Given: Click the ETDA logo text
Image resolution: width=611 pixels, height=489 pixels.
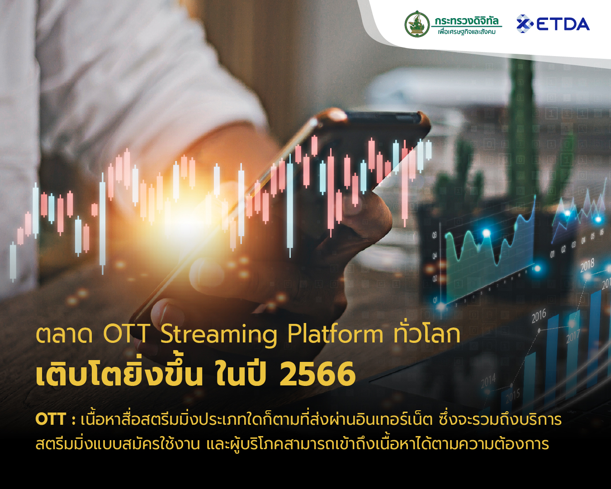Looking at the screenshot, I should point(563,24).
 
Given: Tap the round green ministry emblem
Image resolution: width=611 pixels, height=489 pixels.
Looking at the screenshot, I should point(417,24).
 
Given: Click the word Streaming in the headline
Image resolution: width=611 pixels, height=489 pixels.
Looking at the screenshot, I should point(219,335).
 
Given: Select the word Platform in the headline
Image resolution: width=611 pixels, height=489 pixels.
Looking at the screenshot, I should point(336,334).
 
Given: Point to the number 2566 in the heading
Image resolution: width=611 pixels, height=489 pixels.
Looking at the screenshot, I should point(317,375).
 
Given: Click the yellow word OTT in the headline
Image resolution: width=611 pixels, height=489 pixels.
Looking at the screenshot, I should point(127,334).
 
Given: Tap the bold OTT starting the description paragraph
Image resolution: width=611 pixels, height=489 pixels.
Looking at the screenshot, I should point(51,419).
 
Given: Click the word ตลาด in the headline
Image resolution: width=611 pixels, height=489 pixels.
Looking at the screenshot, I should point(64,334).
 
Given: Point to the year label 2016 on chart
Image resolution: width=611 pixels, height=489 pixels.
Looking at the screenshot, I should point(539,316).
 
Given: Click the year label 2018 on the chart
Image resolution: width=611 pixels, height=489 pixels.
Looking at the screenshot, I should point(587,265).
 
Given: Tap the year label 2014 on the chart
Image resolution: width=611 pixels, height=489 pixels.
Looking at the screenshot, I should point(488,381).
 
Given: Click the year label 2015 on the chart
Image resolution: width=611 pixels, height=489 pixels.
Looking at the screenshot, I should point(512,397).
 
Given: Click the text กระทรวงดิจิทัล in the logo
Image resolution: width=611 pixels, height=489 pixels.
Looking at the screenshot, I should point(466,21).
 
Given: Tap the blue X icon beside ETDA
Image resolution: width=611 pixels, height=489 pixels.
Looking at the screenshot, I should point(524,24).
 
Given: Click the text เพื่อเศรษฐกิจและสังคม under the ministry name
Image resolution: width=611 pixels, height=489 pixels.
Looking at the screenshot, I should point(466,32).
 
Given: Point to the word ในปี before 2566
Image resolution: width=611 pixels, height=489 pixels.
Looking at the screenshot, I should point(240,375).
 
